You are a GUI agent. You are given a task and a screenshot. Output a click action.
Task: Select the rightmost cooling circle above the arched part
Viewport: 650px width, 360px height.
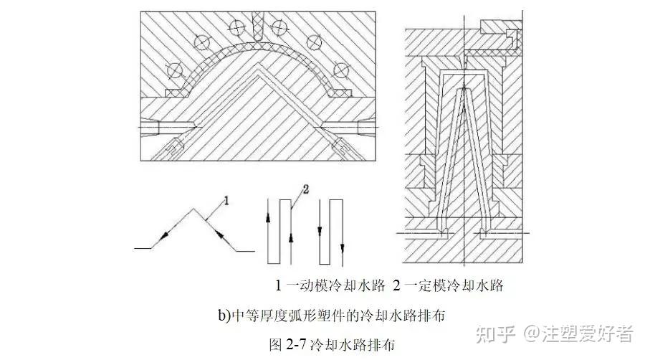point(341,70)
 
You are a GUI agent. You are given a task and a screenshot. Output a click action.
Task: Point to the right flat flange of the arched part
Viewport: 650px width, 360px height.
point(342,93)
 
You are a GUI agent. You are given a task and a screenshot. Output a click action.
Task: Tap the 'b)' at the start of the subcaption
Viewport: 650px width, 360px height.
point(224,315)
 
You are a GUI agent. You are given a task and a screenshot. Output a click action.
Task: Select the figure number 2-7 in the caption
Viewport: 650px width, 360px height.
point(296,344)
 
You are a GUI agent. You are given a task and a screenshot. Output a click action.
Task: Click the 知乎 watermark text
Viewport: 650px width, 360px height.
point(497,333)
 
